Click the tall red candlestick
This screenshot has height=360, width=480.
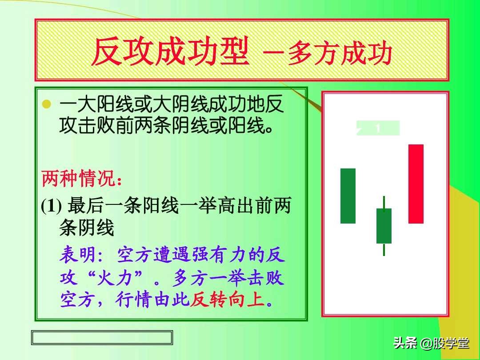pyautogui.click(x=416, y=184)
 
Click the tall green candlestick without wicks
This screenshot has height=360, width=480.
pyautogui.click(x=348, y=196)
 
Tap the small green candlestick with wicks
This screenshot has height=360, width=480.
pyautogui.click(x=384, y=226)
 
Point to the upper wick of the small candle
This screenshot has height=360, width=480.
pyautogui.click(x=384, y=202)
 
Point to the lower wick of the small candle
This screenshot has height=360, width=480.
pyautogui.click(x=384, y=249)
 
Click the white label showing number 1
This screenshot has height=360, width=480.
pyautogui.click(x=378, y=128)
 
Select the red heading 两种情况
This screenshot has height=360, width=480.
pyautogui.click(x=80, y=180)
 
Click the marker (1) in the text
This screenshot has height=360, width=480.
pyautogui.click(x=51, y=207)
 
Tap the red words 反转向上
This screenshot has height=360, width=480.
pyautogui.click(x=228, y=300)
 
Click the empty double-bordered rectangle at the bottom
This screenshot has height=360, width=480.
pyautogui.click(x=102, y=337)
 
